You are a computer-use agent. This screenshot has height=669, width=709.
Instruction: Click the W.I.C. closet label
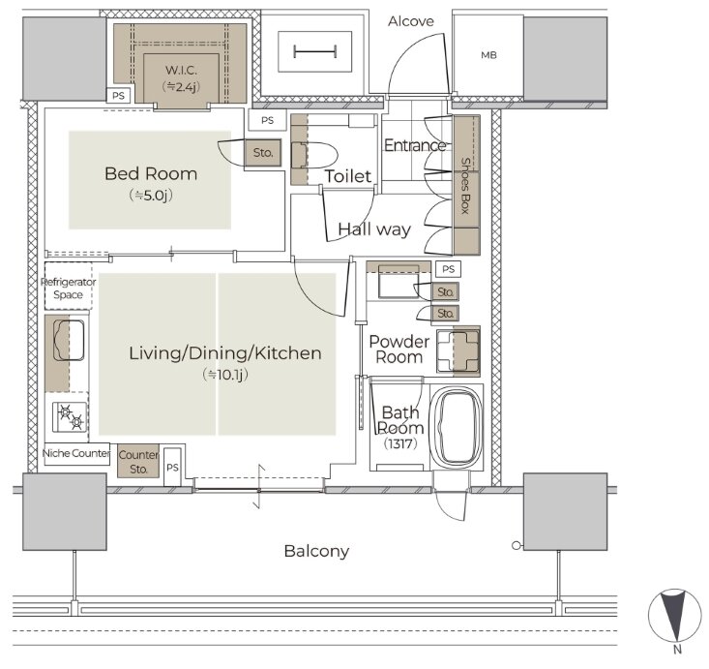[181, 70]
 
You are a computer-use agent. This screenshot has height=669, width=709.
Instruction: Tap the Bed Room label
[151, 174]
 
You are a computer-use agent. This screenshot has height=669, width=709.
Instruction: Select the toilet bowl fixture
[314, 155]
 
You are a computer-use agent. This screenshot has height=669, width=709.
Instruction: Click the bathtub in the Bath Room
[457, 427]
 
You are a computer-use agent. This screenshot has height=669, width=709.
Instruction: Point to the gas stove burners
[71, 417]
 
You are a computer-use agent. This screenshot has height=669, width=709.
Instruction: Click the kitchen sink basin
[69, 340]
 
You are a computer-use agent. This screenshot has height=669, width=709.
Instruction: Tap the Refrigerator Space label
[69, 289]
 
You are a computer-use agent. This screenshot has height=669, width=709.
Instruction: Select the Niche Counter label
[76, 453]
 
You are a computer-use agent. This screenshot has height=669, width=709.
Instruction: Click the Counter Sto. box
[138, 461]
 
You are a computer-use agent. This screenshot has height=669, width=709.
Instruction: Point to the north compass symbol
[674, 616]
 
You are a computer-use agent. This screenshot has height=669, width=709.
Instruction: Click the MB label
[488, 55]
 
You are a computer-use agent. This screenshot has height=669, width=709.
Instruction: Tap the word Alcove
[410, 21]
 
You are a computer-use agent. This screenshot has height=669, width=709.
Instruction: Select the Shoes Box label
[465, 186]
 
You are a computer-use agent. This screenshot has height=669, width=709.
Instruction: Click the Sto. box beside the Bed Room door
[263, 153]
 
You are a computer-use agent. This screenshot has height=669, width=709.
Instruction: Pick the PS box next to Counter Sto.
[172, 467]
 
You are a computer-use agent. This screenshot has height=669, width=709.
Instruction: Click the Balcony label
[316, 551]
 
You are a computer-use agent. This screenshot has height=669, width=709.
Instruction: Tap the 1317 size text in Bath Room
[400, 443]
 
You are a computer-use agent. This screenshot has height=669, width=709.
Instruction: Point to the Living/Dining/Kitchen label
[225, 353]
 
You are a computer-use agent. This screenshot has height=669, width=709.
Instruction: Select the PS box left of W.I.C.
[118, 96]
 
